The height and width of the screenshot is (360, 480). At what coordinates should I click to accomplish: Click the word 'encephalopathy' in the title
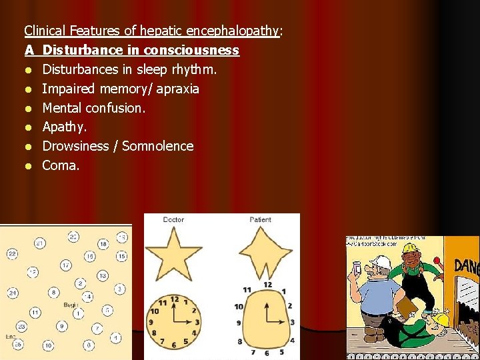(x=233, y=31)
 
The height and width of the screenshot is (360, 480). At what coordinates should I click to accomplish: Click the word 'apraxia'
(x=177, y=89)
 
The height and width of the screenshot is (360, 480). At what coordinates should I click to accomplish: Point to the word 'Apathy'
(x=63, y=127)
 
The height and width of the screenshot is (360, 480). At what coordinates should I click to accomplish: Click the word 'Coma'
(x=60, y=165)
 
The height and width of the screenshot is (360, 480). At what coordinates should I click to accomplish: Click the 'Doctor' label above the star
(x=173, y=219)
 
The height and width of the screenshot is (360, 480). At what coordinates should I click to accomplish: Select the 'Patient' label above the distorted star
(x=260, y=219)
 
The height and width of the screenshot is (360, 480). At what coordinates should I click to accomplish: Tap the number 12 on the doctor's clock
(x=175, y=299)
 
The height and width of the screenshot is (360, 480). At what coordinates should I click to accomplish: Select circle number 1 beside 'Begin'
(x=78, y=312)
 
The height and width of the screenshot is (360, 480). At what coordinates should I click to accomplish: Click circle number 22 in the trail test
(x=12, y=254)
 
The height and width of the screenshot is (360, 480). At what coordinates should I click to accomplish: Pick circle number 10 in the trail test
(x=49, y=345)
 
